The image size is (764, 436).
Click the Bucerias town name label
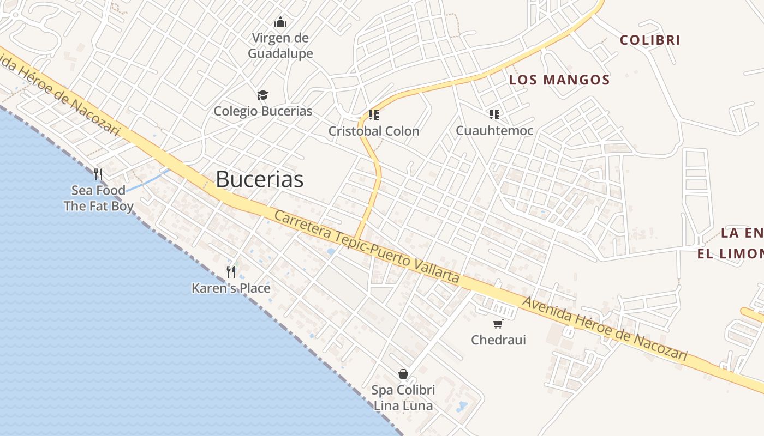tap(259, 179)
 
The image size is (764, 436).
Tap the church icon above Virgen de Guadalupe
tap(280, 22)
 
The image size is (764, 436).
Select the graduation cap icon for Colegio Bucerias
tap(263, 95)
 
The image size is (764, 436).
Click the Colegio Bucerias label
tap(263, 111)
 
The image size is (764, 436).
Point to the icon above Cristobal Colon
tap(374, 115)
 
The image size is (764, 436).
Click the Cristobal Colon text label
tap(374, 131)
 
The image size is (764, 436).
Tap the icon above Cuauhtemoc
tap(494, 114)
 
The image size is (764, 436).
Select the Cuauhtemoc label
tap(494, 131)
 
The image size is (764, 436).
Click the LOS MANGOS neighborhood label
tap(559, 80)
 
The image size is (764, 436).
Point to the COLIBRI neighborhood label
tap(650, 40)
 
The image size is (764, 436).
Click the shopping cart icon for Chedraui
tap(498, 324)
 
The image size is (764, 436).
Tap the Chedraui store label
tap(498, 340)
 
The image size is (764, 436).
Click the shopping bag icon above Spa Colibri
tap(403, 374)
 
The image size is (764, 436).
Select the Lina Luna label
tap(403, 406)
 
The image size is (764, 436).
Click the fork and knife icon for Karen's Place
tap(231, 271)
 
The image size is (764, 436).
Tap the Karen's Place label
tap(231, 288)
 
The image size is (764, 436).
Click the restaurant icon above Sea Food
tap(98, 174)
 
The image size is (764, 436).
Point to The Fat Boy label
tap(99, 206)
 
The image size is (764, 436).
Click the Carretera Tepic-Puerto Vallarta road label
tap(367, 247)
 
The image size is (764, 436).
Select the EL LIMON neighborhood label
tap(730, 254)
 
